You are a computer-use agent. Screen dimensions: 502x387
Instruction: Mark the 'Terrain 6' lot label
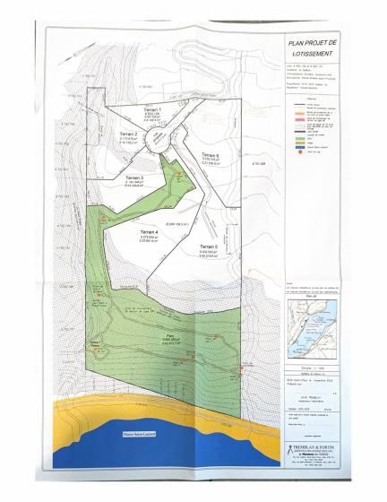pyautogui.click(x=211, y=154)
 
